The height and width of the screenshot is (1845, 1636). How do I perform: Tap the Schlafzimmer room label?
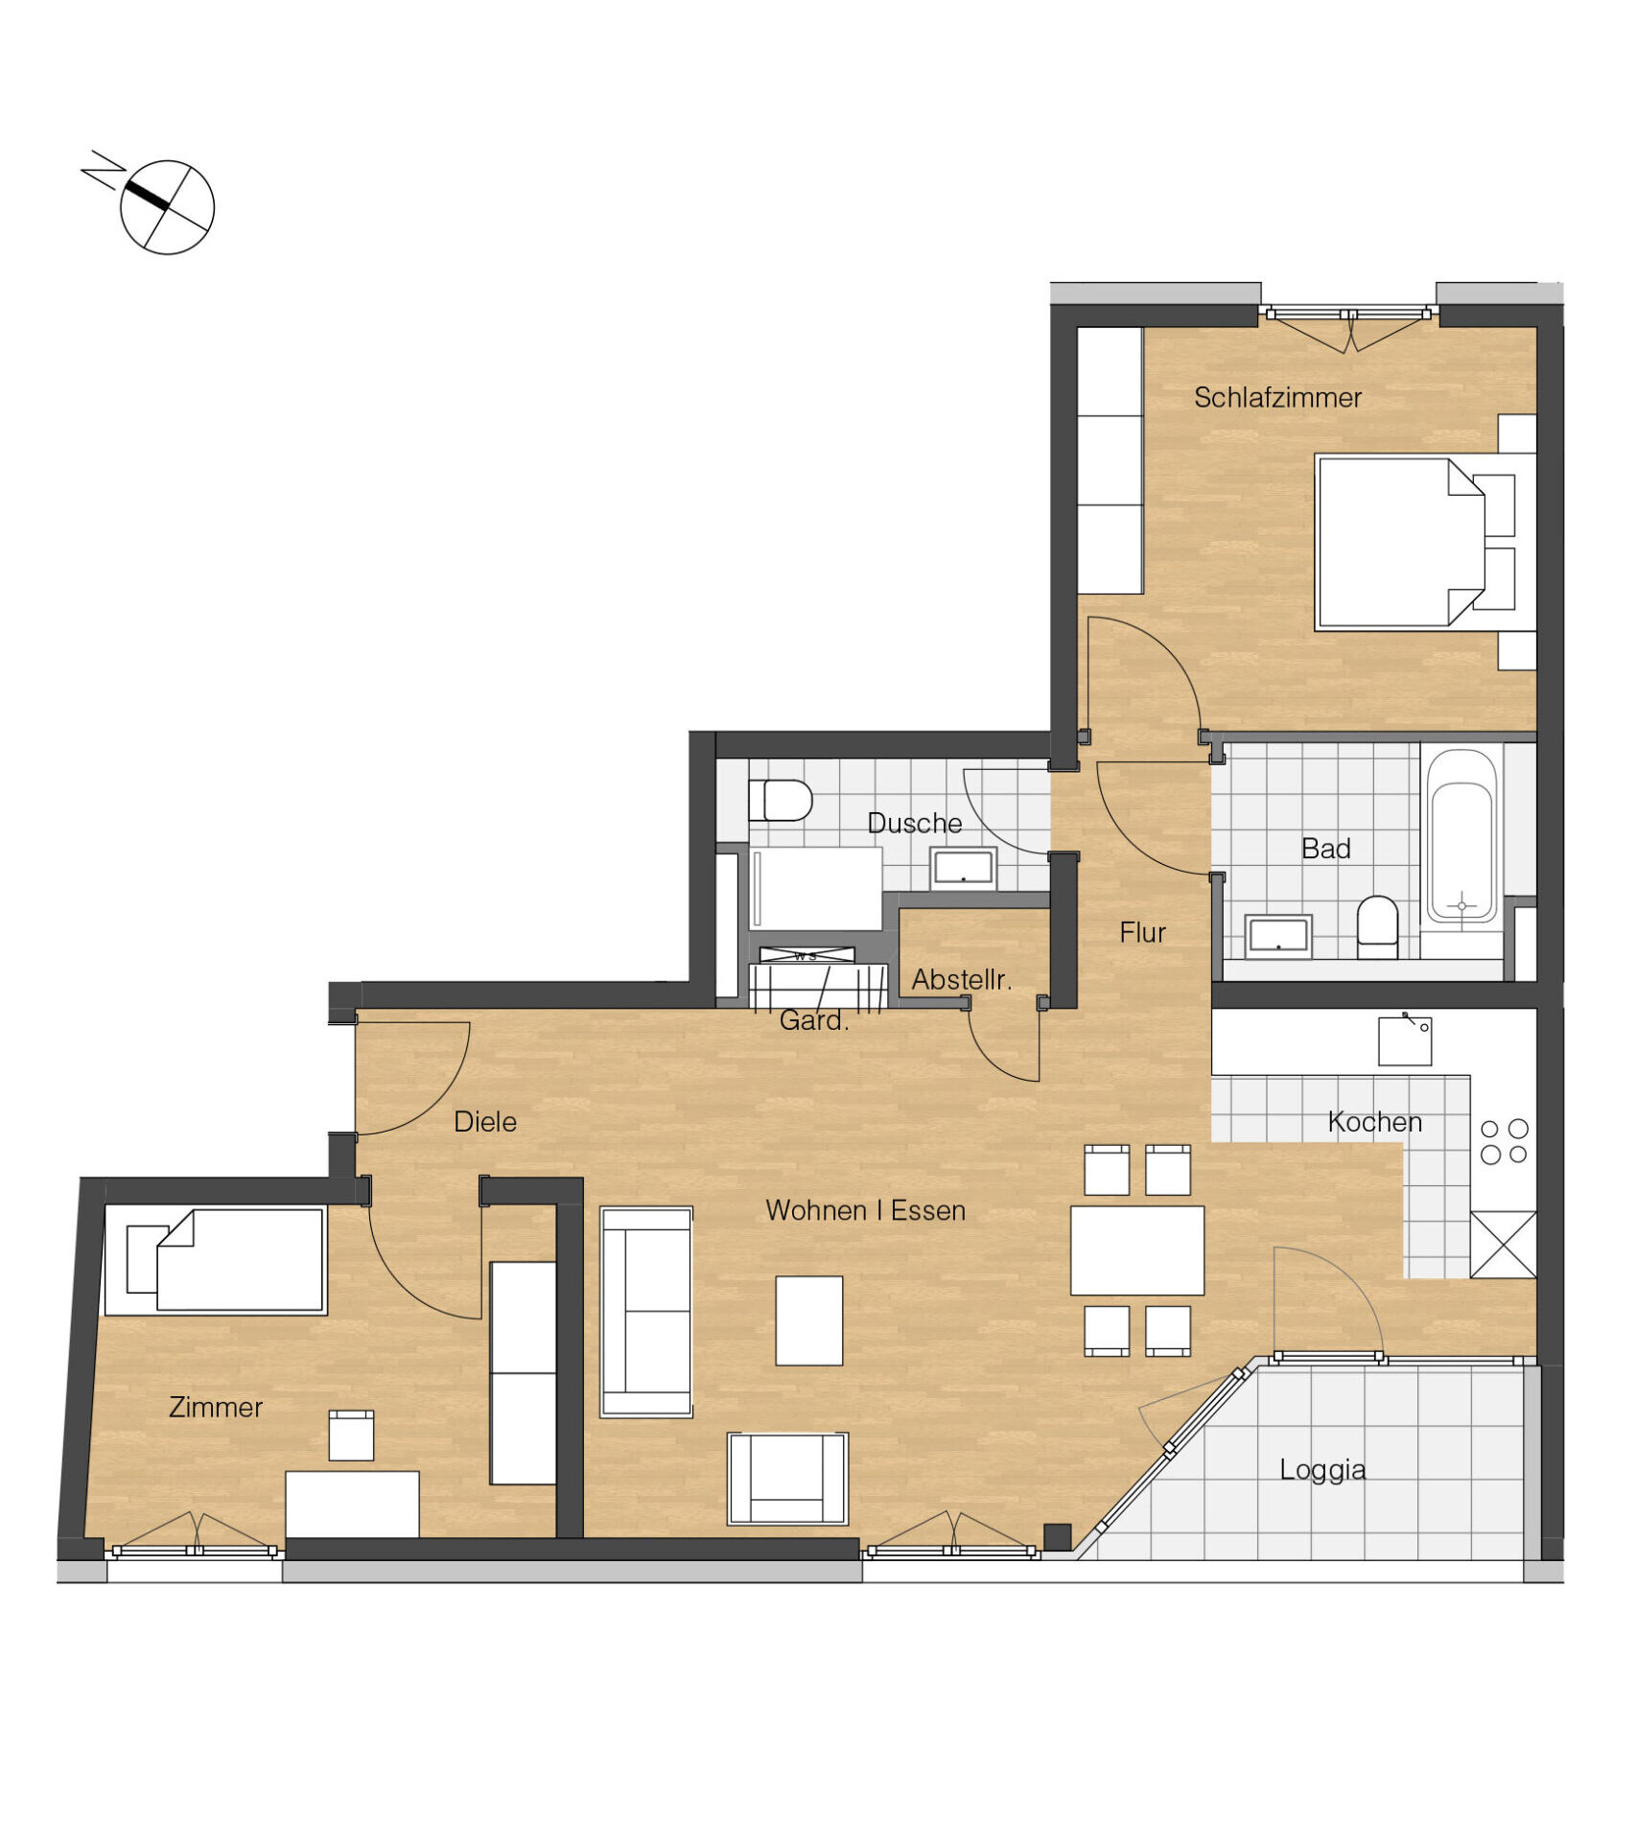tap(1277, 397)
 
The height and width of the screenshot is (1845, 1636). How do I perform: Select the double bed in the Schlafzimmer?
tap(1401, 543)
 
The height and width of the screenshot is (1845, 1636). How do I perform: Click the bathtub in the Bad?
tap(1461, 837)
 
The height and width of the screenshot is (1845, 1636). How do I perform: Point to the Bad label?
tap(1325, 849)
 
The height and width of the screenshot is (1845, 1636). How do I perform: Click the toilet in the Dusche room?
tap(780, 800)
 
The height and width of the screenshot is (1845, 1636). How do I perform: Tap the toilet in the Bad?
tap(1377, 927)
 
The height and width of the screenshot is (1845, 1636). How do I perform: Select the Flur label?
tap(1142, 932)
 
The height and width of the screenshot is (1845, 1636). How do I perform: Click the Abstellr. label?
tap(962, 980)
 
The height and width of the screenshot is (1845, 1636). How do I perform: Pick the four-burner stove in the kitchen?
tap(1504, 1141)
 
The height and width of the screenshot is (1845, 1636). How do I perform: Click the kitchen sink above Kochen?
tap(1405, 1040)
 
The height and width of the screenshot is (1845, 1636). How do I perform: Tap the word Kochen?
tap(1374, 1122)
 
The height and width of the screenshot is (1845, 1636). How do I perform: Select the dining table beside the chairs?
tap(1136, 1250)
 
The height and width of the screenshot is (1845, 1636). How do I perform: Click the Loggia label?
tap(1322, 1469)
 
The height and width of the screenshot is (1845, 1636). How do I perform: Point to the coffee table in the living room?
tap(808, 1320)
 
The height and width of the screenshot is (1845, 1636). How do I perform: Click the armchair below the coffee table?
tap(787, 1479)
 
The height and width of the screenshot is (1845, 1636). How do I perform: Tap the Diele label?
tap(485, 1122)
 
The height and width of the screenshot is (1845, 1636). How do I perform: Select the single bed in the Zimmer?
tap(227, 1260)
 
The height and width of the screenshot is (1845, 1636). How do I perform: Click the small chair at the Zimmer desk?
tap(351, 1435)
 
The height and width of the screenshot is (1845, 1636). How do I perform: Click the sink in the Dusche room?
tap(963, 868)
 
